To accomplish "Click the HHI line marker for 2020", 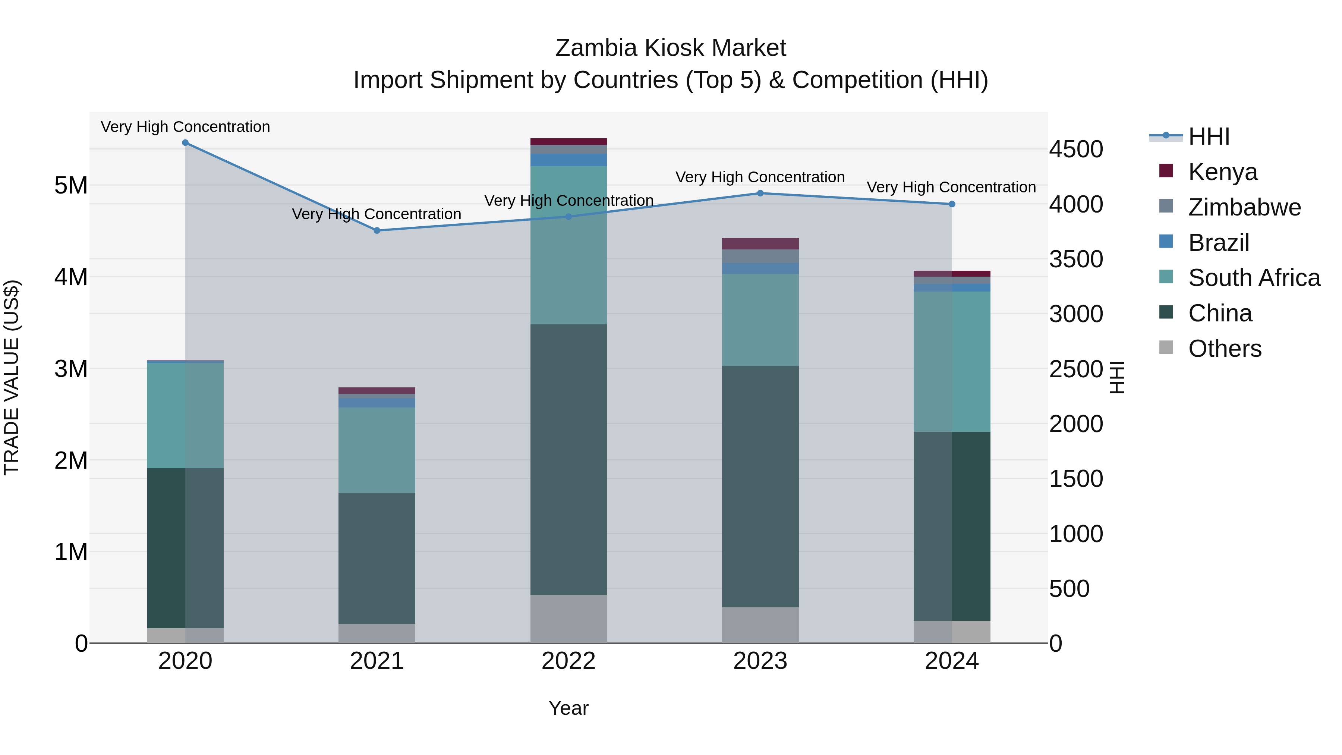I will click(x=186, y=143).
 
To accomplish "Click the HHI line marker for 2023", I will click(x=760, y=193).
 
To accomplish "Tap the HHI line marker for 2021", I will click(x=377, y=230).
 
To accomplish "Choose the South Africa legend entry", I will click(x=1254, y=278).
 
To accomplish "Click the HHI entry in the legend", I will click(x=1209, y=136).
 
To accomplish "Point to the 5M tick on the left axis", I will click(x=71, y=186).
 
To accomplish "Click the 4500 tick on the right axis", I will click(x=1076, y=150).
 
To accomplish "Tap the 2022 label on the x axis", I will click(x=568, y=661).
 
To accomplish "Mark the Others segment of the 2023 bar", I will click(x=760, y=625).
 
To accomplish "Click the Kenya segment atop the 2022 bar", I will click(x=568, y=142).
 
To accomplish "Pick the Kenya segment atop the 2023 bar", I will click(x=760, y=243).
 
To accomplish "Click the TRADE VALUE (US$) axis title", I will click(x=12, y=377).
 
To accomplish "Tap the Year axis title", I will click(x=568, y=708).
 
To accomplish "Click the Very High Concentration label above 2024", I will click(x=951, y=187).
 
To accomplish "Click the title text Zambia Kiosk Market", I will click(x=671, y=48).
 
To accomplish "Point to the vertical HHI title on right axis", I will click(x=1117, y=377).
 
